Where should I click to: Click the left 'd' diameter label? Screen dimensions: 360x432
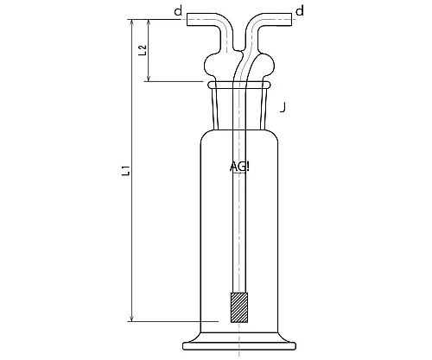(177, 12)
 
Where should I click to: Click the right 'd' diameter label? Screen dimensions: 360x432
(299, 11)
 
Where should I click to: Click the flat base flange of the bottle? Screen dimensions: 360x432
(239, 346)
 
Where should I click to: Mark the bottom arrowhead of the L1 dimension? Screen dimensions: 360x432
(133, 318)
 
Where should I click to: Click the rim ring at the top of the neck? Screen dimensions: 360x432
(239, 85)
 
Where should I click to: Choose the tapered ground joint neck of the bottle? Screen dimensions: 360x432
(239, 108)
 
